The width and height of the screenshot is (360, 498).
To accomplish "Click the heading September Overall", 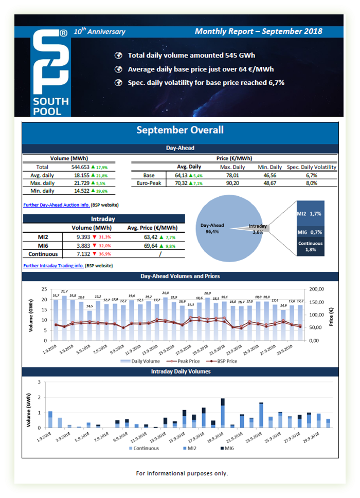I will (179, 130).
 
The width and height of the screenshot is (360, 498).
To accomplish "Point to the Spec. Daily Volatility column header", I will (312, 167).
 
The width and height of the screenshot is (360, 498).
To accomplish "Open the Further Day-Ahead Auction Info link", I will (57, 205).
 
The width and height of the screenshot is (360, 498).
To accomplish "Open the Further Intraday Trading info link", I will (54, 266).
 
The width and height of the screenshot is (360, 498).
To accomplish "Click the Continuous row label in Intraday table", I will (43, 254).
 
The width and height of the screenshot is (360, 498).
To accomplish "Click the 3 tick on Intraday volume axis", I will (40, 382).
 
